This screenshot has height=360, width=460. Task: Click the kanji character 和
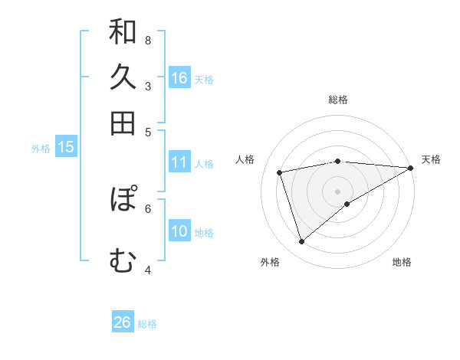pos(123,33)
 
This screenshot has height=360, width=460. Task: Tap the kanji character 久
pos(123,77)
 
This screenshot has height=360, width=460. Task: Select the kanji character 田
pos(123,123)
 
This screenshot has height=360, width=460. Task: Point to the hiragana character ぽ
pos(123,199)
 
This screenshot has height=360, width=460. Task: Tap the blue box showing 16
pos(179,77)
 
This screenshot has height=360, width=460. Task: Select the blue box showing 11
pos(179,162)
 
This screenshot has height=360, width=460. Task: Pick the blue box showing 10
pos(179,231)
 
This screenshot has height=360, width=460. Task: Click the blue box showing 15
pos(66,148)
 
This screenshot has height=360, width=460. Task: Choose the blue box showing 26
pos(123,322)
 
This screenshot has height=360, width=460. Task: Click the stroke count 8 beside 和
pos(147,40)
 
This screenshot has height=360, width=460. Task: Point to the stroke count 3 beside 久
pos(147,86)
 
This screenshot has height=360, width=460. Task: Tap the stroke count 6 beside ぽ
pos(147,208)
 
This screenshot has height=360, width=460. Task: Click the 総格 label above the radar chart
pos(338,100)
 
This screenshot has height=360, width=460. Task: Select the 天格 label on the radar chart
pos(431,159)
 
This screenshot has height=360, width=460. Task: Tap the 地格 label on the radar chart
pos(402,263)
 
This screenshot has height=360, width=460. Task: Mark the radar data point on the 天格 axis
pos(411,168)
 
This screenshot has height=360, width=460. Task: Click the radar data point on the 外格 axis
pos(301,242)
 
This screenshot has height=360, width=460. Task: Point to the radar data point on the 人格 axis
pos(281,172)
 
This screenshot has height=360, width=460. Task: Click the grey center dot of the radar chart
pos(338,191)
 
